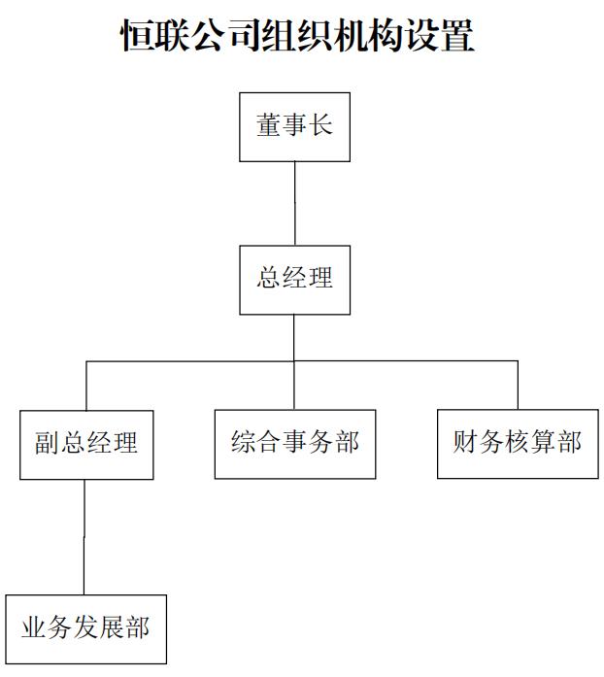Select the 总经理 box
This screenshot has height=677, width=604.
coord(294,280)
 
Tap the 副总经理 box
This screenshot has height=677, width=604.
coord(85,445)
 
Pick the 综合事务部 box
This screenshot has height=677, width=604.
coord(295,444)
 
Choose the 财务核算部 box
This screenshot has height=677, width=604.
coord(517,444)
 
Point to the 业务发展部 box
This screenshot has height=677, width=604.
coord(85,628)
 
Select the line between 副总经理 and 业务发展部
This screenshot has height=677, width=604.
coord(84,536)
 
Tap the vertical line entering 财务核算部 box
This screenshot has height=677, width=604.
coord(517,386)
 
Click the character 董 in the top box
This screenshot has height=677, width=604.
coord(269,126)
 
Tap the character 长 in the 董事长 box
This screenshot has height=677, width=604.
coord(320,126)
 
